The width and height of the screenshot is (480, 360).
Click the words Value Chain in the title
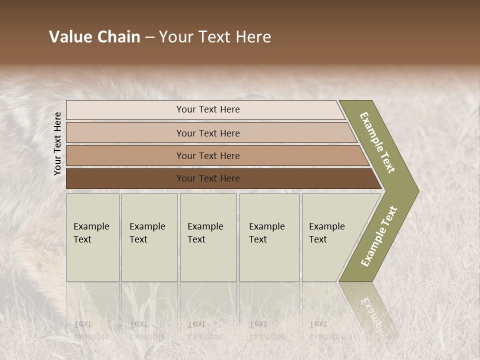(x=94, y=37)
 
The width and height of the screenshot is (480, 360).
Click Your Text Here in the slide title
(x=215, y=37)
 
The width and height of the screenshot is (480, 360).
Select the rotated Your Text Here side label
(x=57, y=143)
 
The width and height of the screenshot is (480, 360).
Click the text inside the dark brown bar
(x=208, y=178)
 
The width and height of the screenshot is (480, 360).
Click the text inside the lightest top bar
(x=208, y=109)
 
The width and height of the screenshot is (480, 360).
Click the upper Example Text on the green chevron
(x=377, y=142)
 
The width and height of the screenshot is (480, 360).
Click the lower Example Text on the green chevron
(x=378, y=236)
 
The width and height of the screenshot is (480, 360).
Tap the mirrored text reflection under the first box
(x=91, y=330)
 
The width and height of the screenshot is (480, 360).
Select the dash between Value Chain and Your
(x=149, y=37)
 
